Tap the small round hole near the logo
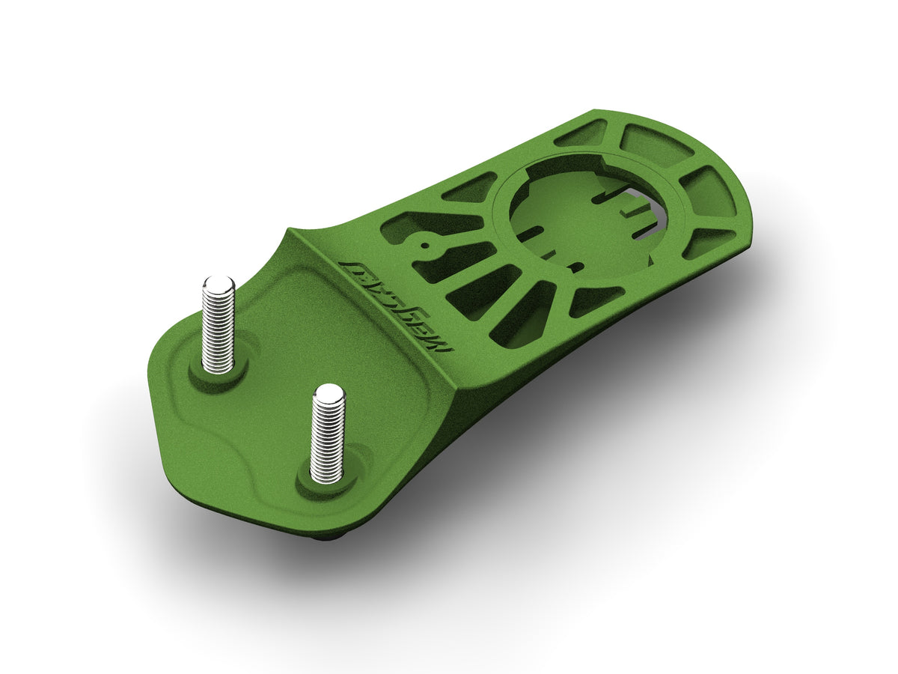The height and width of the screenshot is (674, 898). tap(424, 243)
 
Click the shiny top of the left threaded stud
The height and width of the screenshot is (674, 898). tap(219, 285)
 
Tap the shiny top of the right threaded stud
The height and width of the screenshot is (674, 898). tap(328, 393)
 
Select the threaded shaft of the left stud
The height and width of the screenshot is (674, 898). tap(218, 326)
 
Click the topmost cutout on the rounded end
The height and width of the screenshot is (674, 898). tap(584, 133)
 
